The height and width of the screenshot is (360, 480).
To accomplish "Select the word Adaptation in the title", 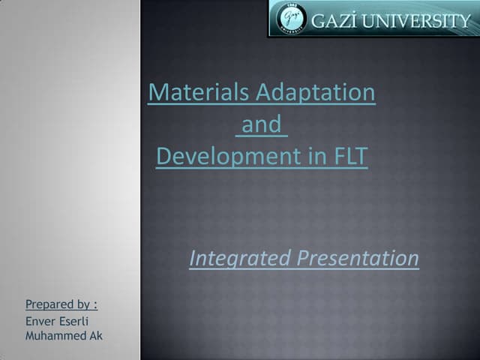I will [316, 92].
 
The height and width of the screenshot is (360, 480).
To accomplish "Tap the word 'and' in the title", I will [261, 124].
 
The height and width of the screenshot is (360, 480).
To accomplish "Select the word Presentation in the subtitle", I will [358, 259].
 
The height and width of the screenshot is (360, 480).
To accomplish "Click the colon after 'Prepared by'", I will [95, 304].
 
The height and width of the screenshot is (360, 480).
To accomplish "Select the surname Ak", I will [96, 335].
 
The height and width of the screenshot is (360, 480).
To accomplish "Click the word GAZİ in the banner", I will [334, 19].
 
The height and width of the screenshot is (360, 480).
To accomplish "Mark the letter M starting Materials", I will [157, 92].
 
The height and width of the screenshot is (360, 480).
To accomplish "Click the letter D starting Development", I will [163, 157].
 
